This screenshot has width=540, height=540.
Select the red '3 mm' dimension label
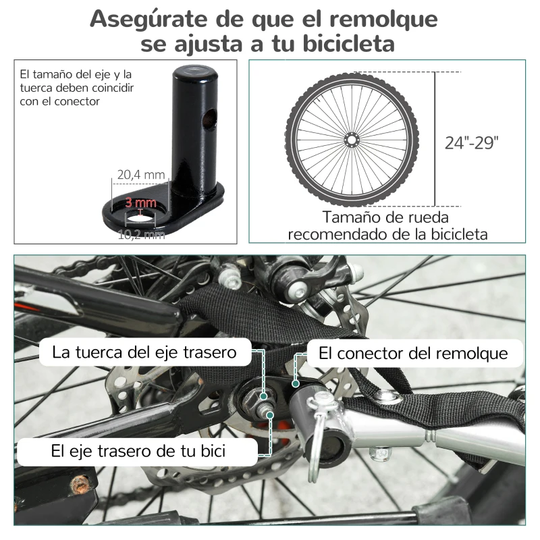140,202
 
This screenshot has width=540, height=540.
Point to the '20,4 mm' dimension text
140,175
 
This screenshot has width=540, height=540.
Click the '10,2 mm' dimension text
140,234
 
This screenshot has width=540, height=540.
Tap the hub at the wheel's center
351,139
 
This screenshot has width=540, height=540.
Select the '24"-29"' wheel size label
472,142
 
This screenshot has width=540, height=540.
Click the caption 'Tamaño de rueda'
385,217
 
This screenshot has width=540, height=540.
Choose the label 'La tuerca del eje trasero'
145,352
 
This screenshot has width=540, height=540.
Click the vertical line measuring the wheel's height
434,139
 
